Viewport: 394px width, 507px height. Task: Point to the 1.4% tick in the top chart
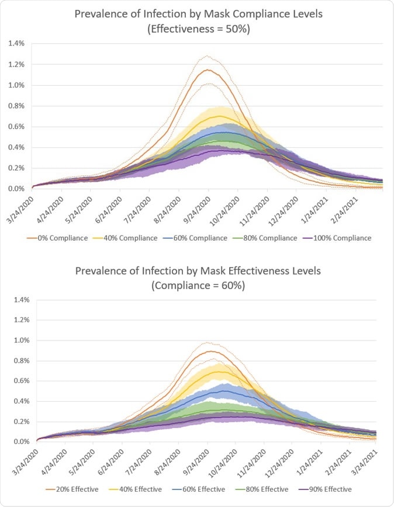pyautogui.click(x=17, y=43)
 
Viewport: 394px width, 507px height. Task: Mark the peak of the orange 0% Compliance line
pyautogui.click(x=208, y=70)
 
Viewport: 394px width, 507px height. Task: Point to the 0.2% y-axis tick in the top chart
pyautogui.click(x=17, y=168)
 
